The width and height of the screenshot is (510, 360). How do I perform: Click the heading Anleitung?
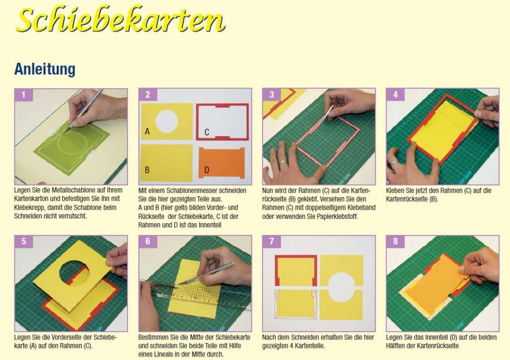(45, 69)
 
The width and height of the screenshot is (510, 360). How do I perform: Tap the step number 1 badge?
(23, 95)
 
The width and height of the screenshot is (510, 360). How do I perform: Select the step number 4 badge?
(395, 95)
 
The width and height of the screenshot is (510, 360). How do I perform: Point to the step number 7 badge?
(271, 241)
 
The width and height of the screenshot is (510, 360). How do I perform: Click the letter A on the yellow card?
(147, 131)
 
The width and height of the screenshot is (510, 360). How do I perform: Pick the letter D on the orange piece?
(207, 170)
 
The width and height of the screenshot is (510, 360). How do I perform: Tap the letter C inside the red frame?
(207, 132)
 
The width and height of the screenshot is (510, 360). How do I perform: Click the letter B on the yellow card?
(147, 170)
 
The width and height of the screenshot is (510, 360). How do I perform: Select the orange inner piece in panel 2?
(222, 163)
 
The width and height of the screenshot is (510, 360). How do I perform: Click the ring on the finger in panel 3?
(283, 161)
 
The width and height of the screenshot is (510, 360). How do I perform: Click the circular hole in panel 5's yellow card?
(75, 271)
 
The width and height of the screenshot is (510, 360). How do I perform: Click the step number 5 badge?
(23, 241)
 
